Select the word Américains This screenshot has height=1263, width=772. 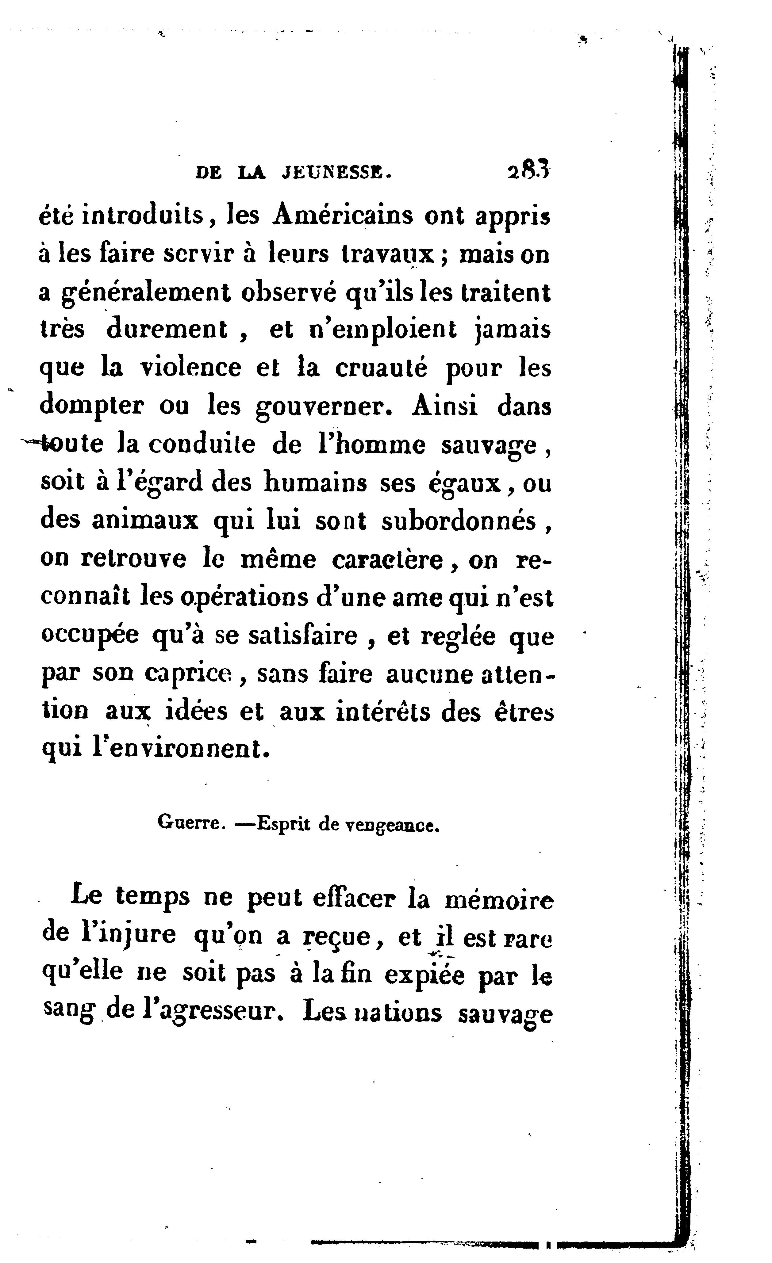(343, 215)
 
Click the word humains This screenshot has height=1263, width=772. (315, 483)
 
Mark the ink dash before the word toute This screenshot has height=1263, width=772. (31, 441)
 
